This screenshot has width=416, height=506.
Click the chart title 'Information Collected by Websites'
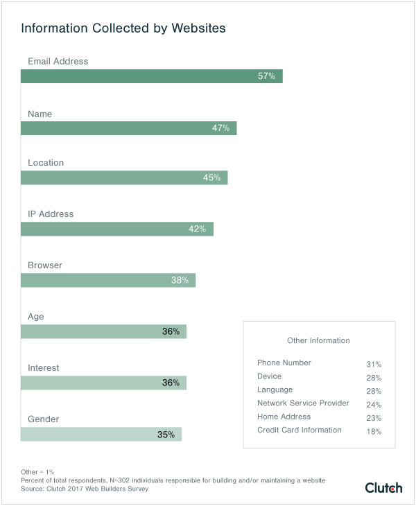(123, 29)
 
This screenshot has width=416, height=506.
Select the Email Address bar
(151, 76)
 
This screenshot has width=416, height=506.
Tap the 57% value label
(266, 76)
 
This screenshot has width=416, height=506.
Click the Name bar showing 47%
(128, 128)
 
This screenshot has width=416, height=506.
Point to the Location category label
(46, 163)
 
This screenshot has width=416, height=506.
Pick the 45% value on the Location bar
(211, 178)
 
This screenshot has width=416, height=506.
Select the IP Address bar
(116, 229)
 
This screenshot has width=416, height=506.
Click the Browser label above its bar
(45, 265)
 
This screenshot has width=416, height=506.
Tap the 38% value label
(180, 281)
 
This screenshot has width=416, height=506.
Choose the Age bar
(103, 332)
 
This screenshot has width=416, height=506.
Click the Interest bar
(103, 383)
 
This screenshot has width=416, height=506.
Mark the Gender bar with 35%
(101, 435)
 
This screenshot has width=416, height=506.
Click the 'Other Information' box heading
(318, 340)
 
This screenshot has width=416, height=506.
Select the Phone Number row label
(284, 363)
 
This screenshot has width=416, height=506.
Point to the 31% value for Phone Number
(374, 364)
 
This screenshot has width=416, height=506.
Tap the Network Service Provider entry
(304, 403)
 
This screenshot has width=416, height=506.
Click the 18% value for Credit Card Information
(374, 432)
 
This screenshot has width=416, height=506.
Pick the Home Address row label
(284, 417)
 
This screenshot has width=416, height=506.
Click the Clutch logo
(383, 488)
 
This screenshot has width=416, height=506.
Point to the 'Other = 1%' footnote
(37, 471)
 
